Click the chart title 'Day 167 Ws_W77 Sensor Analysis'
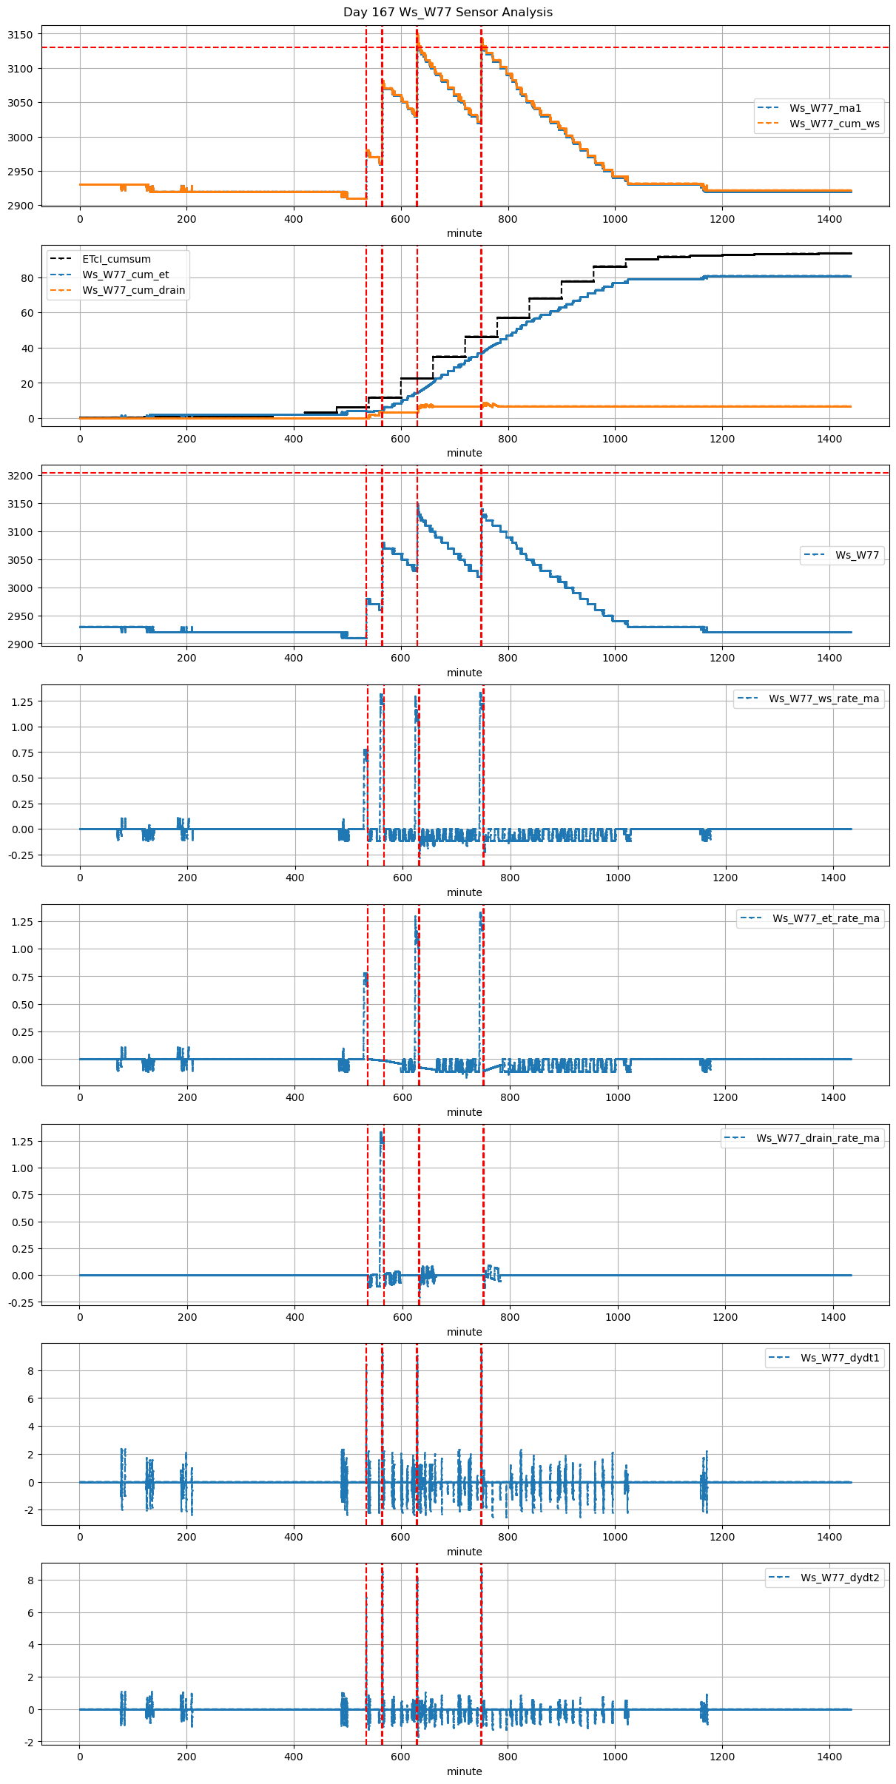[448, 13]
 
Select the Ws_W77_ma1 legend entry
[825, 109]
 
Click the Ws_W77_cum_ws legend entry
[834, 124]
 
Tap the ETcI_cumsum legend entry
[116, 260]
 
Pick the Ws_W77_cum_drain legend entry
[133, 291]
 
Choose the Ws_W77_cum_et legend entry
[125, 275]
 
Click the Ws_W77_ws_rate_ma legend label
[823, 699]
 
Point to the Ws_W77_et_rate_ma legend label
[826, 918]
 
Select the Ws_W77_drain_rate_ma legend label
[818, 1138]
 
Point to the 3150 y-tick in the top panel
[21, 35]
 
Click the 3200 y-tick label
[21, 476]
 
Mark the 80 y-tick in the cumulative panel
[27, 278]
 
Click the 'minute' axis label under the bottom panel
[465, 1771]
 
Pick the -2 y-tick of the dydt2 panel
[27, 1742]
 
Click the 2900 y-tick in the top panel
[21, 206]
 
